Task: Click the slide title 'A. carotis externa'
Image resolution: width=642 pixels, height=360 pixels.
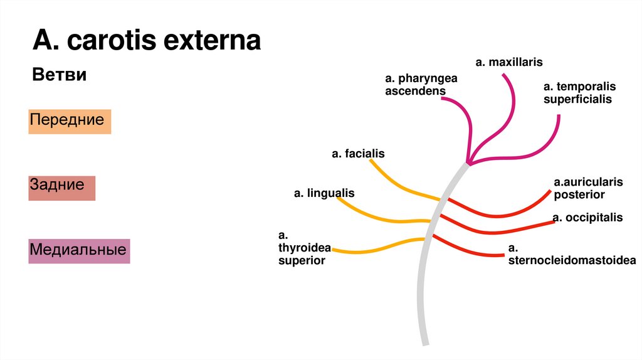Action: [147, 41]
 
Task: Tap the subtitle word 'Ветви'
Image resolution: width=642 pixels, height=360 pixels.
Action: [59, 75]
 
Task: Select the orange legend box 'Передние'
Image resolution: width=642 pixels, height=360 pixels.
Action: [70, 121]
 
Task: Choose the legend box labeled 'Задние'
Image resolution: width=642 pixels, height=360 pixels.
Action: [61, 187]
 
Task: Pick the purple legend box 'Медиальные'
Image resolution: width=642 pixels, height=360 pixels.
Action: [79, 250]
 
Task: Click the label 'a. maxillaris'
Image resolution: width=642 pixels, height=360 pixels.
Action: [508, 62]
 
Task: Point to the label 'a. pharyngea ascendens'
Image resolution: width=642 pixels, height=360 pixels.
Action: [421, 85]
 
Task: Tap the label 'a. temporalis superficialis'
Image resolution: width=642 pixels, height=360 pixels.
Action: [579, 92]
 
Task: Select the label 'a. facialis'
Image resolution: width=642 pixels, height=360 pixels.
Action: [358, 154]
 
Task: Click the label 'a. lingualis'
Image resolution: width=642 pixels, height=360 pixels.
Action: [324, 193]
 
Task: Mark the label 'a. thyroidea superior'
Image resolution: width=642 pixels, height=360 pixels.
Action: [302, 248]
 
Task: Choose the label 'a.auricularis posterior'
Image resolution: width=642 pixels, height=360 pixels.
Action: [587, 188]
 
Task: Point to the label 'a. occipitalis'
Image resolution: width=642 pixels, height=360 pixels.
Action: [587, 218]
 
